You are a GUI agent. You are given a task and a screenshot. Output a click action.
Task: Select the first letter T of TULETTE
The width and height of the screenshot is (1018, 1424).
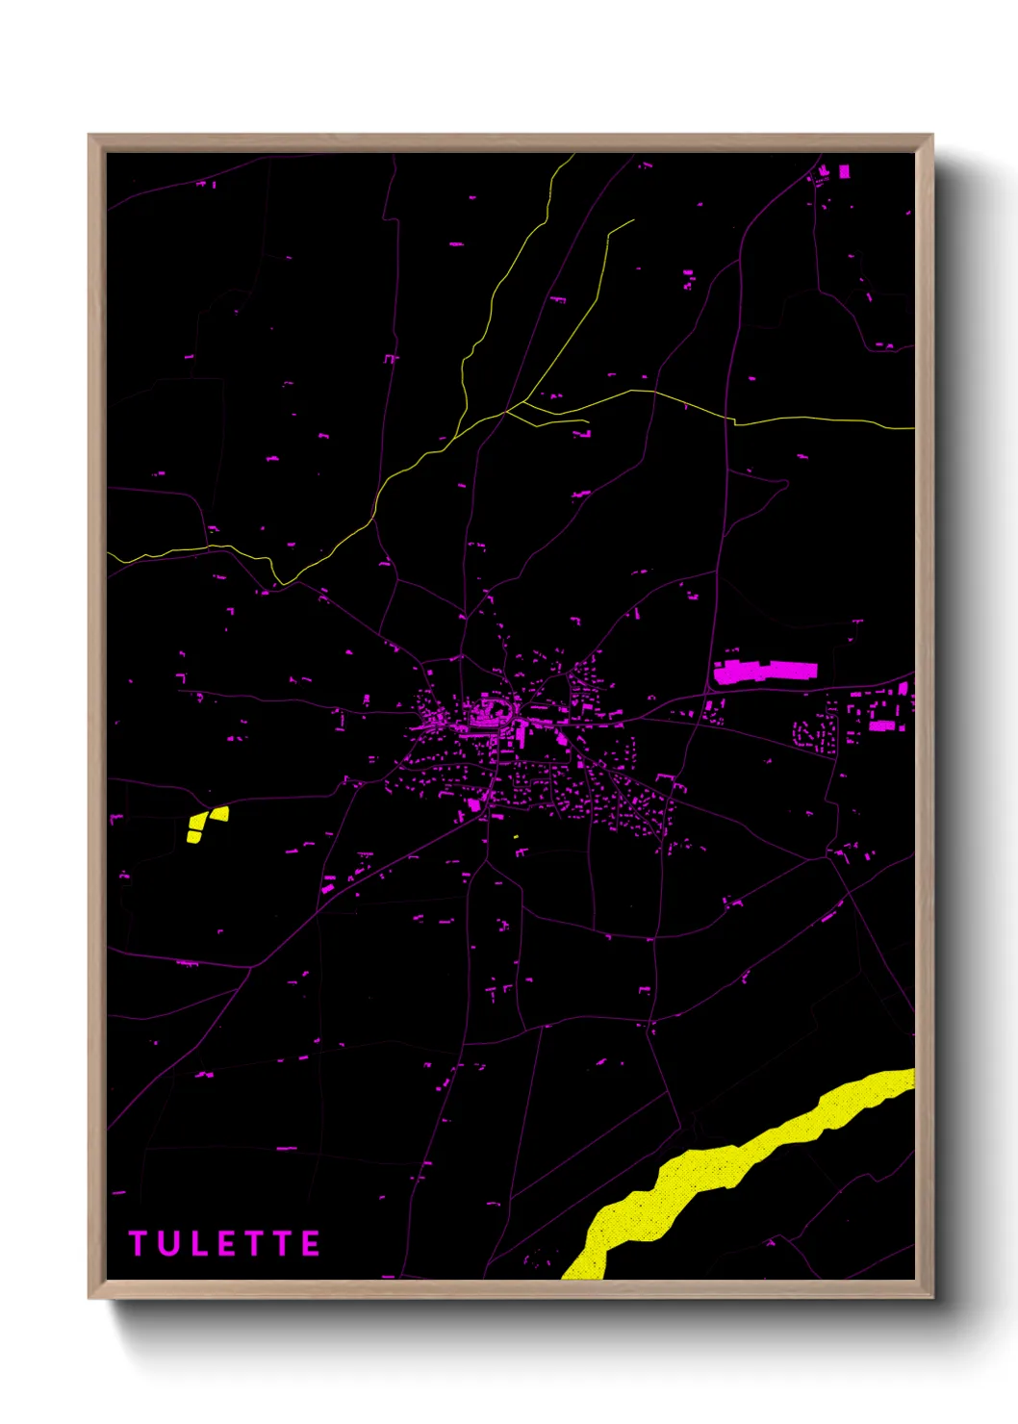(138, 1244)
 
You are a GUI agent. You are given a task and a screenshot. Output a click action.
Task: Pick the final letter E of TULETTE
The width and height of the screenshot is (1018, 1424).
(311, 1244)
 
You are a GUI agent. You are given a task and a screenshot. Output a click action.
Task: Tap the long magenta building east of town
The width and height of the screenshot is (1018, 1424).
(765, 672)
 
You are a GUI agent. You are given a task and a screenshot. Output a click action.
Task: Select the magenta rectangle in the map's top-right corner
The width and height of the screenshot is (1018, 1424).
(845, 171)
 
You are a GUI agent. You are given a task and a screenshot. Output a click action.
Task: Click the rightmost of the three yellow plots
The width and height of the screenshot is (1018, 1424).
(220, 814)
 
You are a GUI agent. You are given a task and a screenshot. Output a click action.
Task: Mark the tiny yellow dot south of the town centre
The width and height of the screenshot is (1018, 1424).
(516, 837)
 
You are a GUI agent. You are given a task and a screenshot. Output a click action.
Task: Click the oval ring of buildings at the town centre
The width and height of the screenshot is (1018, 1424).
(489, 712)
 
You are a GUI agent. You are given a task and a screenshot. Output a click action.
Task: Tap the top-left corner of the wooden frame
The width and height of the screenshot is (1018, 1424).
(89, 136)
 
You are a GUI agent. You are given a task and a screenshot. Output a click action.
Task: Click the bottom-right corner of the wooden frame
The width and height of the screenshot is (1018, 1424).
(931, 1297)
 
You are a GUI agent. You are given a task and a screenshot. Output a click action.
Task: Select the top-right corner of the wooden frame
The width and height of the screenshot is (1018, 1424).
(931, 136)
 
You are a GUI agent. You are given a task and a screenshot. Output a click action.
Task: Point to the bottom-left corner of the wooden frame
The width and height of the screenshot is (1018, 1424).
(89, 1297)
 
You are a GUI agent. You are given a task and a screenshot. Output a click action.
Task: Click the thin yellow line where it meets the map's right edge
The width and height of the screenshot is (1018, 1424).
(912, 427)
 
